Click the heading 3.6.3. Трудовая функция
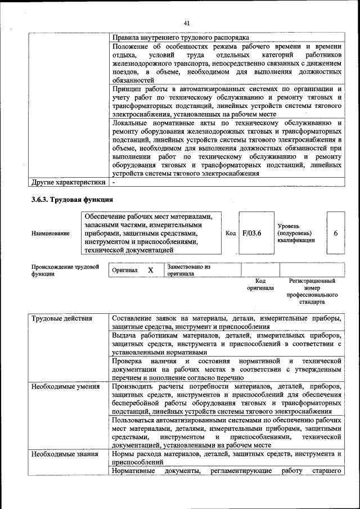pos(73,199)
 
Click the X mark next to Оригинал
pos(151,270)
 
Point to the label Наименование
pos(51,233)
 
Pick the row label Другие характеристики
pos(68,182)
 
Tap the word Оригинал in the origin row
pos(125,271)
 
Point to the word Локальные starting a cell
pos(129,122)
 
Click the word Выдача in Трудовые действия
pos(124,335)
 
